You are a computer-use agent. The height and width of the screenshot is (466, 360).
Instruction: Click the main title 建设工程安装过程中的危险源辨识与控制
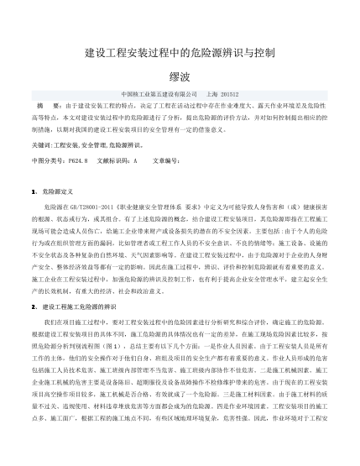180,52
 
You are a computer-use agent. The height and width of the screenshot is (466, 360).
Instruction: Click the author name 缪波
180,73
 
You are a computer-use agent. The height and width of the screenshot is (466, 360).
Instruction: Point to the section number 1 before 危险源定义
32,192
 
